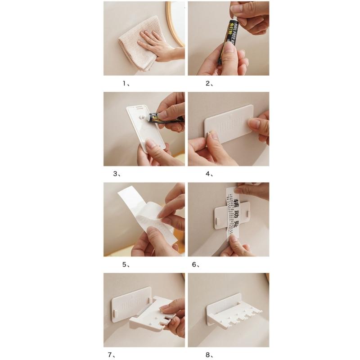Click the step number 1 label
[x=126, y=83]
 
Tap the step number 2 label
[x=209, y=83]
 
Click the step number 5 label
[x=126, y=265]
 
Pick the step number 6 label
[x=196, y=265]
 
